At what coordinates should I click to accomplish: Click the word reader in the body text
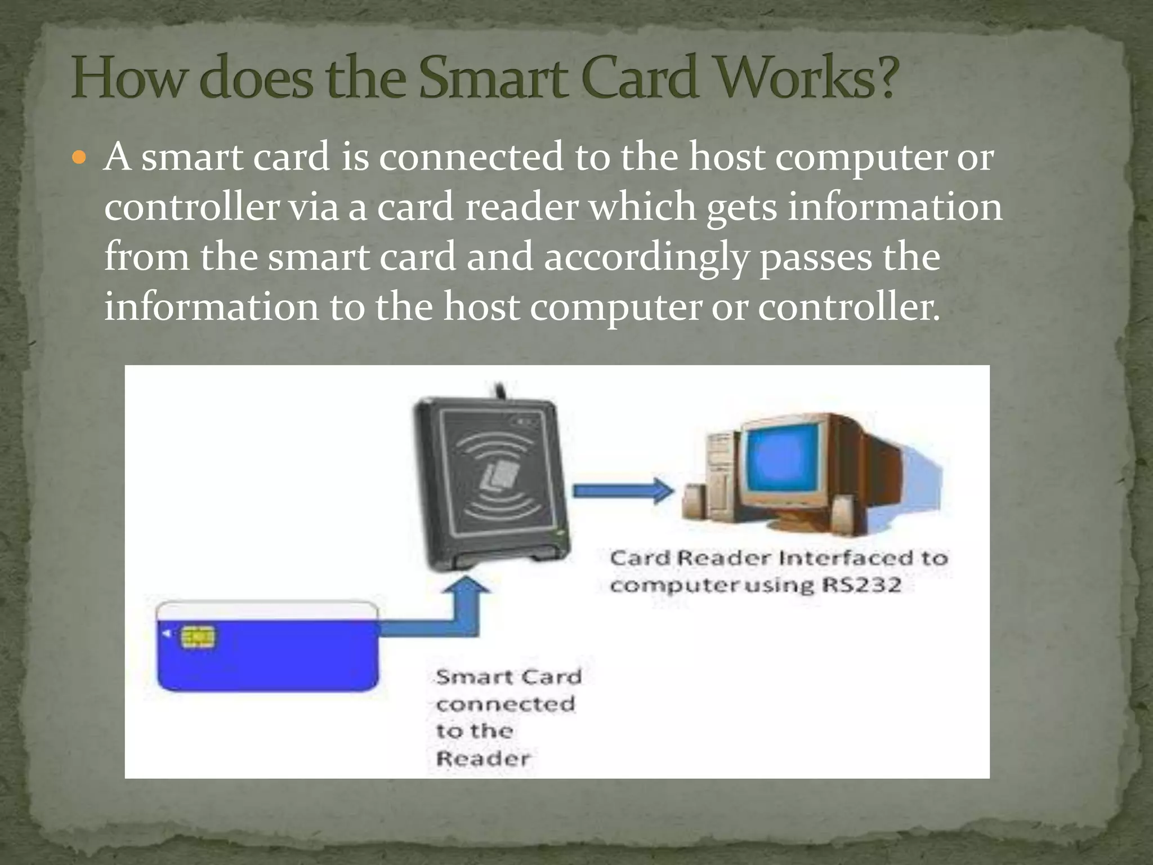(x=522, y=207)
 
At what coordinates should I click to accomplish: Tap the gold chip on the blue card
(x=198, y=637)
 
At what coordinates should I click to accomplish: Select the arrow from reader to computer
(x=622, y=491)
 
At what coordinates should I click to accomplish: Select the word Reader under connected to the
(x=483, y=759)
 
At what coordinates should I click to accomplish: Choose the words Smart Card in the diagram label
(x=508, y=676)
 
